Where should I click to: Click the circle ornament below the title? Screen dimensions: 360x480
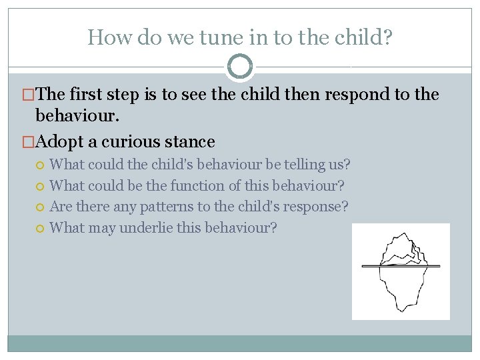point(240,67)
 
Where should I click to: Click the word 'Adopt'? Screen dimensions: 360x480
point(59,142)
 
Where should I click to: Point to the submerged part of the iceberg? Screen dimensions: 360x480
point(400,287)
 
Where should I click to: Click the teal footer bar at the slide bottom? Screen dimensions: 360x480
point(240,343)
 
